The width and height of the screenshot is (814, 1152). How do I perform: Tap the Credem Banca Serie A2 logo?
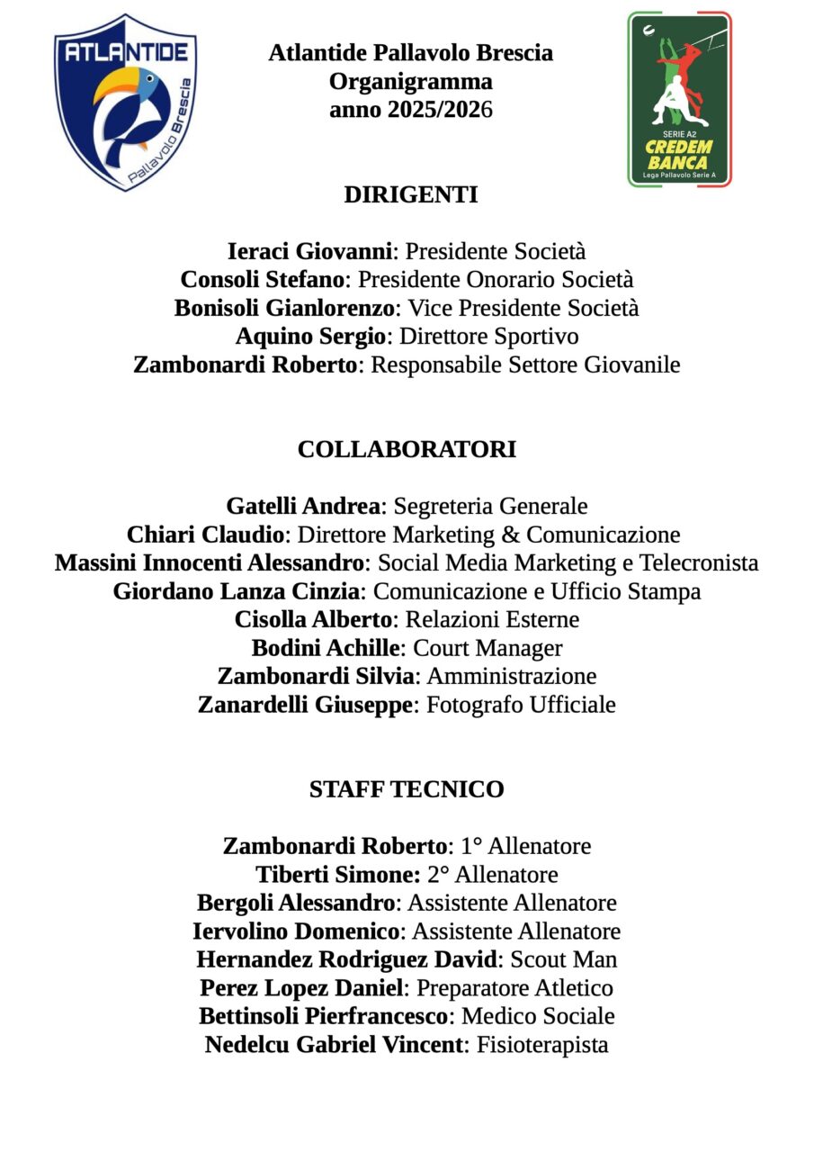click(679, 99)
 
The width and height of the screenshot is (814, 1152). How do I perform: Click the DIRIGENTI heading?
click(410, 194)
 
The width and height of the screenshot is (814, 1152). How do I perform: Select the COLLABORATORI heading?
click(407, 449)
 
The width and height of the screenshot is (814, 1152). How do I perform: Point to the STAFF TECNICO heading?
click(407, 789)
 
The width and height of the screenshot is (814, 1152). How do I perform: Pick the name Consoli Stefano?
click(263, 280)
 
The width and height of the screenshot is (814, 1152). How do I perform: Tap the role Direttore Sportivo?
click(488, 337)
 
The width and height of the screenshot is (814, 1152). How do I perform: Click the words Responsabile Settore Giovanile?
click(525, 364)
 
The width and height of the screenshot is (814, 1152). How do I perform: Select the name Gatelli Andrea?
click(303, 506)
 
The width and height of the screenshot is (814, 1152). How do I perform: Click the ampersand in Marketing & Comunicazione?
click(509, 535)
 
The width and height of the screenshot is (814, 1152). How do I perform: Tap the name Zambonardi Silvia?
click(316, 676)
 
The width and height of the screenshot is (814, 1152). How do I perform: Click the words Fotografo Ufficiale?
click(521, 705)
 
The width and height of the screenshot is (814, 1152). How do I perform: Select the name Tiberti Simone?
click(337, 875)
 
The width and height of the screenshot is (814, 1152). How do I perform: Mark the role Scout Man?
click(564, 959)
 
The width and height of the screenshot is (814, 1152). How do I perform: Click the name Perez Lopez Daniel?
click(301, 988)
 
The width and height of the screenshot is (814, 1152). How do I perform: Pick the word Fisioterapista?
click(542, 1045)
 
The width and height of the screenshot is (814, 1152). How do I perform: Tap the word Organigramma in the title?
click(410, 82)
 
